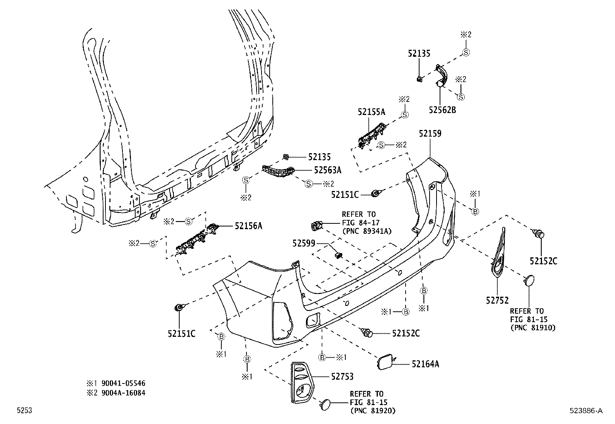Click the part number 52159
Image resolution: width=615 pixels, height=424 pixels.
click(x=430, y=133)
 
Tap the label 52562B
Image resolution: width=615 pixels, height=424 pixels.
click(x=442, y=110)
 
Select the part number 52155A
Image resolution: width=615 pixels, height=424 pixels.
click(x=372, y=112)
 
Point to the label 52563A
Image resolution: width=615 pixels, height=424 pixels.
click(x=328, y=170)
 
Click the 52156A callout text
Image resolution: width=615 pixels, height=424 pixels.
click(x=248, y=226)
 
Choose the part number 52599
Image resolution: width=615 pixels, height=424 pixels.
click(x=304, y=243)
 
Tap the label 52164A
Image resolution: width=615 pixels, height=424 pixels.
click(x=425, y=364)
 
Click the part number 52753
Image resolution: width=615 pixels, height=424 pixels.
click(x=342, y=377)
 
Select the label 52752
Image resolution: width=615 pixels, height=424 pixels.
click(x=497, y=301)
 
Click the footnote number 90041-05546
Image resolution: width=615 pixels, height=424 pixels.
click(x=123, y=383)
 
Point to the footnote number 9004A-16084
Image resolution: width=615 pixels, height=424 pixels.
click(x=123, y=393)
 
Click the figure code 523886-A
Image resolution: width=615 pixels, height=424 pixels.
click(x=586, y=410)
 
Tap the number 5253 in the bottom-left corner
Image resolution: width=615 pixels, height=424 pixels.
click(x=24, y=410)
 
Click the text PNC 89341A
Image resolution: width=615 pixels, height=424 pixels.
click(x=369, y=231)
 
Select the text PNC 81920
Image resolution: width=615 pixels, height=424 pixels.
click(x=375, y=410)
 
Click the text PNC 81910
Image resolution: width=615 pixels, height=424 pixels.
click(x=535, y=328)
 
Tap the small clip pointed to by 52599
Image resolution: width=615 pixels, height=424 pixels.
click(x=338, y=256)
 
